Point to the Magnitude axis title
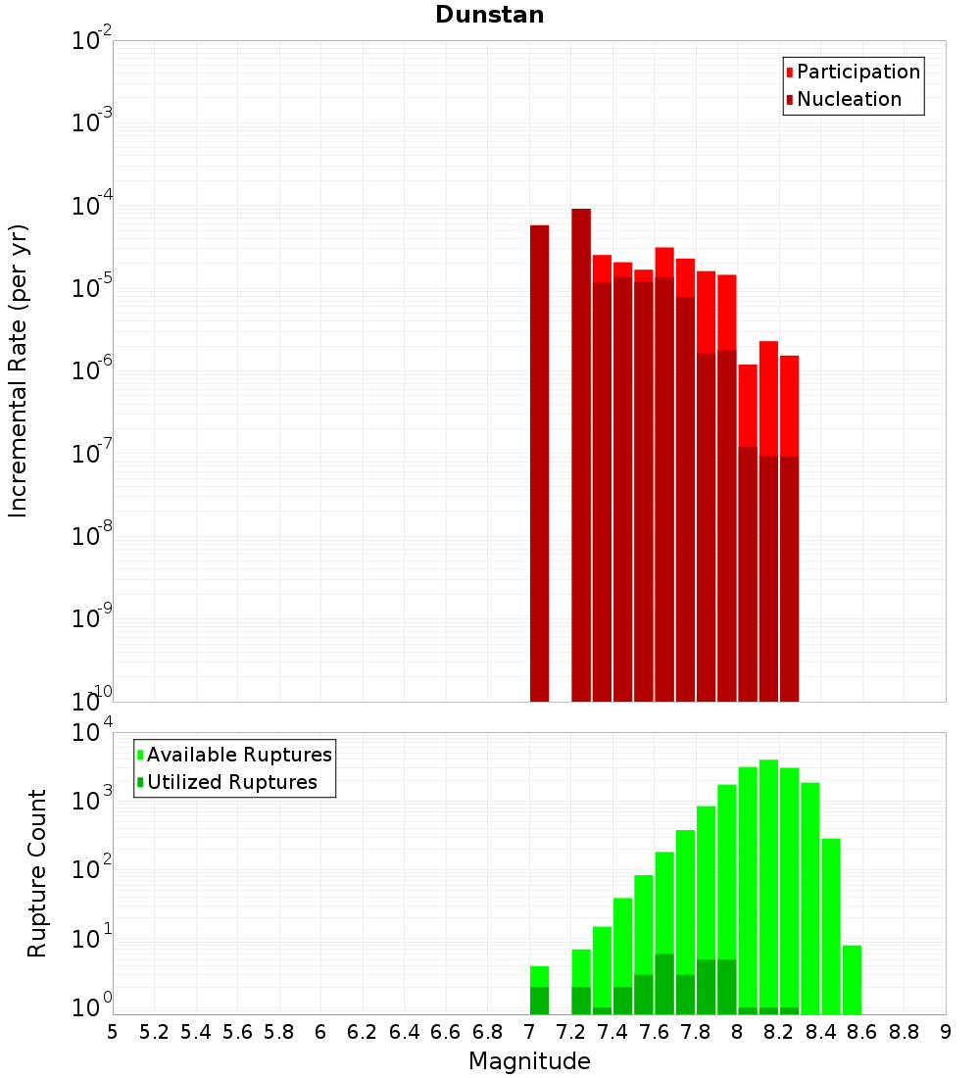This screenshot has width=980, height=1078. [x=529, y=1061]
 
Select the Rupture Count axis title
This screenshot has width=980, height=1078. [x=37, y=873]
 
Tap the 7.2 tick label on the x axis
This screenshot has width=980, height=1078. [x=570, y=1032]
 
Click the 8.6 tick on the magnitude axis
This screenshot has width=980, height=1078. [x=862, y=1032]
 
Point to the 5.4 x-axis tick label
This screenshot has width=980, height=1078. [x=196, y=1032]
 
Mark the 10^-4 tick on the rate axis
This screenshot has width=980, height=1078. [x=91, y=206]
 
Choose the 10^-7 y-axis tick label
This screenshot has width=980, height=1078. [x=91, y=454]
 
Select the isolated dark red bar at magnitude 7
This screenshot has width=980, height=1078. [x=539, y=461]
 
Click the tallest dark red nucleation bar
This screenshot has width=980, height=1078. [x=581, y=451]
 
